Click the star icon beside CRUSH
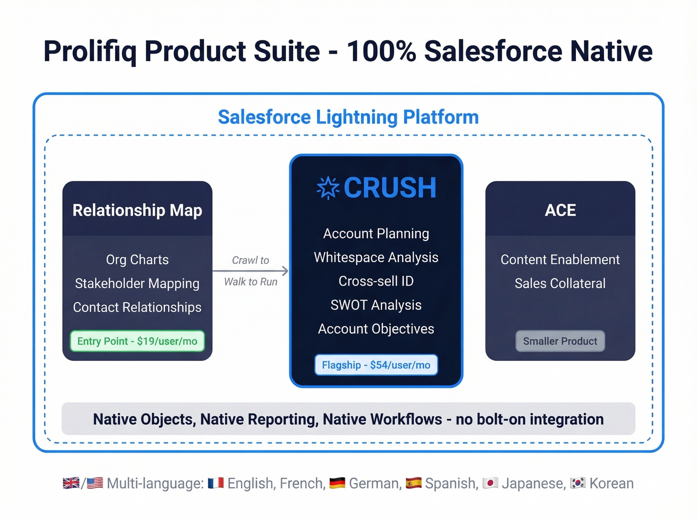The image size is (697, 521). tap(328, 188)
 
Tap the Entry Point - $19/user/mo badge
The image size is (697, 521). tap(137, 341)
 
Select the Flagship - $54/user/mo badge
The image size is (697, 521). tap(376, 365)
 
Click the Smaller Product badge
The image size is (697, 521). tap(560, 341)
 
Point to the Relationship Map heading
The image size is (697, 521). tap(137, 210)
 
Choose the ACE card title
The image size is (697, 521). tap(560, 210)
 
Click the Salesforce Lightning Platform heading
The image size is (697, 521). tap(348, 117)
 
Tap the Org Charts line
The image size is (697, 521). tap(137, 260)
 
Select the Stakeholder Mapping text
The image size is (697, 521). tap(137, 284)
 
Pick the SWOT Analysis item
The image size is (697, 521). tap(376, 305)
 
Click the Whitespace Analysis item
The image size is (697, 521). tap(376, 257)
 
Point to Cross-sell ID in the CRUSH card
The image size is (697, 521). tap(376, 281)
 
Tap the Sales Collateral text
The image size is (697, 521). tap(560, 284)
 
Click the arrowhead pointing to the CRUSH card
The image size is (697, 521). tap(285, 271)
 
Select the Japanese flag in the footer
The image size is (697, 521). tap(490, 483)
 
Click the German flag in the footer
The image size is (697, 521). tap(337, 483)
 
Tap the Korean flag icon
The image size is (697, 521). tap(578, 483)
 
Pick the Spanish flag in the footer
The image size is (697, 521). tap(414, 483)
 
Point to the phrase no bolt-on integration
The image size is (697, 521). tap(530, 419)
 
